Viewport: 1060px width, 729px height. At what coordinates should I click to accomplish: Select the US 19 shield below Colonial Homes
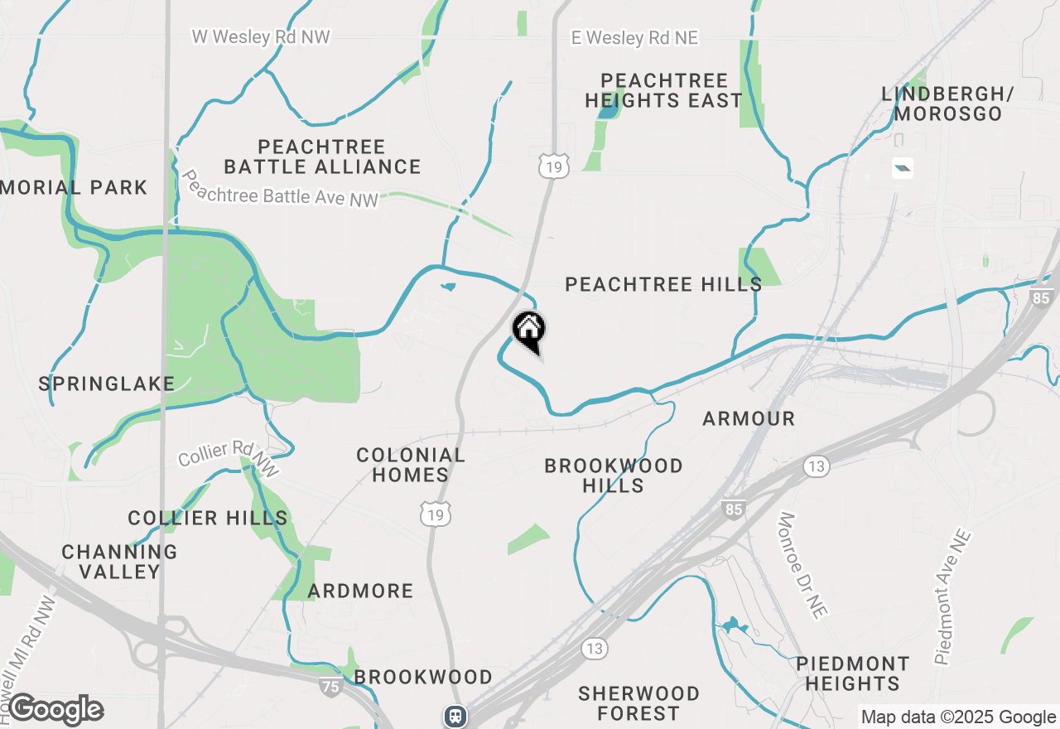click(x=436, y=514)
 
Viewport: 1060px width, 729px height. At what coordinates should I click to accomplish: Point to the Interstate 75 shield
click(x=330, y=685)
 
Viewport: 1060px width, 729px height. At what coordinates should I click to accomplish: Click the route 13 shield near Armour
click(x=816, y=466)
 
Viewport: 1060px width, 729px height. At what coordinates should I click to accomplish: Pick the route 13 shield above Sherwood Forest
click(x=594, y=647)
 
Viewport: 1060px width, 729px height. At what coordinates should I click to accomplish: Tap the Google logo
click(x=55, y=709)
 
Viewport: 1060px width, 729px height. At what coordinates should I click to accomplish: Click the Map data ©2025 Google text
click(x=959, y=717)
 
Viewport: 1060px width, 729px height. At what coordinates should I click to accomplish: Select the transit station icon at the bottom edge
click(x=455, y=716)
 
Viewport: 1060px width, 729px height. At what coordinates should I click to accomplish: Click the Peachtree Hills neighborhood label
click(x=663, y=285)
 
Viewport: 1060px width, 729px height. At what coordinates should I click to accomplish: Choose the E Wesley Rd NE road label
click(x=635, y=38)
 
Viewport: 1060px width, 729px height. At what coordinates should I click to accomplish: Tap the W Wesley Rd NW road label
click(x=261, y=36)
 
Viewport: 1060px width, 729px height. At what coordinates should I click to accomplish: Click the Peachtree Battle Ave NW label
click(x=279, y=190)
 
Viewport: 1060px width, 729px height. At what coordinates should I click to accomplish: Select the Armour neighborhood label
click(x=749, y=419)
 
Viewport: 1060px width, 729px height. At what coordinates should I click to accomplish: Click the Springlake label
click(x=107, y=384)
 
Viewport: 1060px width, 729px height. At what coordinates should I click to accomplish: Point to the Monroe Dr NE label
click(x=802, y=565)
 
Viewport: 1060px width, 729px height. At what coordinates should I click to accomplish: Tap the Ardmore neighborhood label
click(x=360, y=591)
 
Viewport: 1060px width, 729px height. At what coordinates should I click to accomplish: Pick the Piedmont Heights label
click(x=852, y=673)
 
